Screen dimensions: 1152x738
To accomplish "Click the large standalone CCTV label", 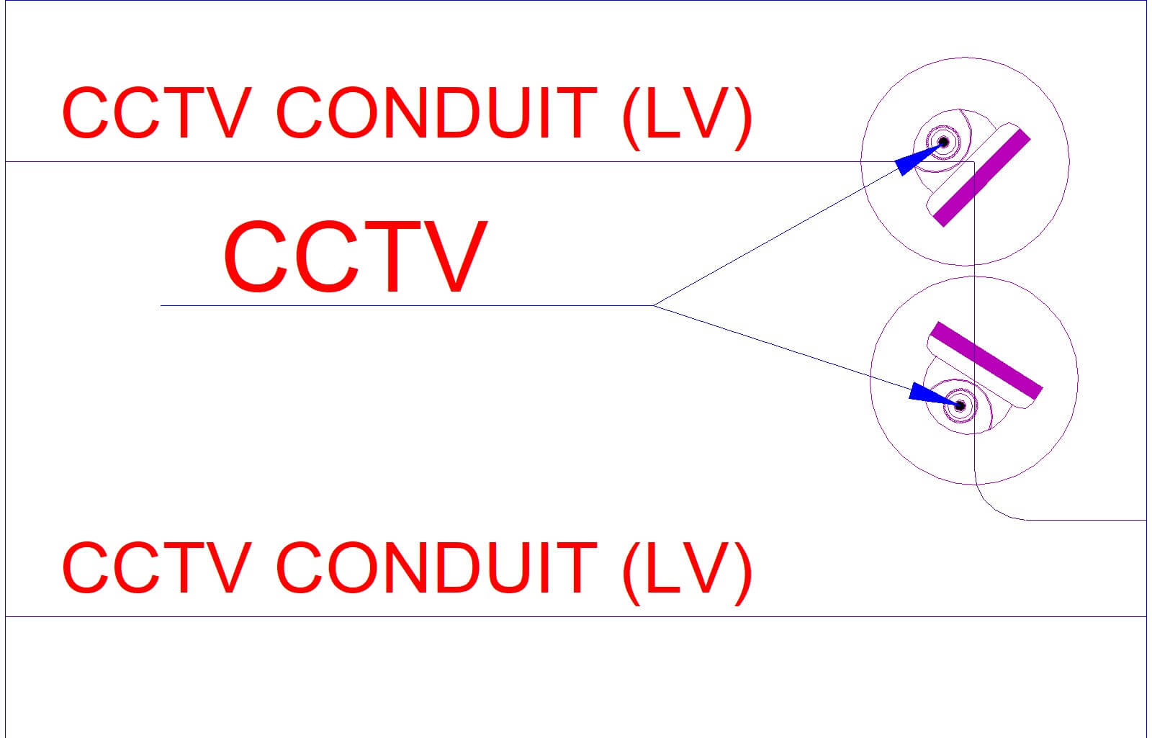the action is point(356,256).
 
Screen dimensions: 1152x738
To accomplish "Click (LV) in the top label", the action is point(688,118).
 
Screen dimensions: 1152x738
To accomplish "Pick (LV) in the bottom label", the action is point(688,572).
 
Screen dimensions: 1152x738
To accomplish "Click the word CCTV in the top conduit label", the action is point(157,113).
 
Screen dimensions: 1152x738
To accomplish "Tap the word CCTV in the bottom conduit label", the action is point(157,568).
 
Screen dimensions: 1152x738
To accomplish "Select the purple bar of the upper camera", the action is point(982,178).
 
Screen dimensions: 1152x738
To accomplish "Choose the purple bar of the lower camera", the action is point(986,361).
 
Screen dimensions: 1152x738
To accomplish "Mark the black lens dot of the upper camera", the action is point(944,142).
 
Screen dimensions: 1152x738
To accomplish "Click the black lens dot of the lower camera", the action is point(960,406).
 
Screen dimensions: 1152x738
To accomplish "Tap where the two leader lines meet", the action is point(653,305).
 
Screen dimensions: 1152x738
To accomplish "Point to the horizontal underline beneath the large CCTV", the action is point(407,305).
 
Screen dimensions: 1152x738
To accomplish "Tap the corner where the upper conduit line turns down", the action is point(974,162).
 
